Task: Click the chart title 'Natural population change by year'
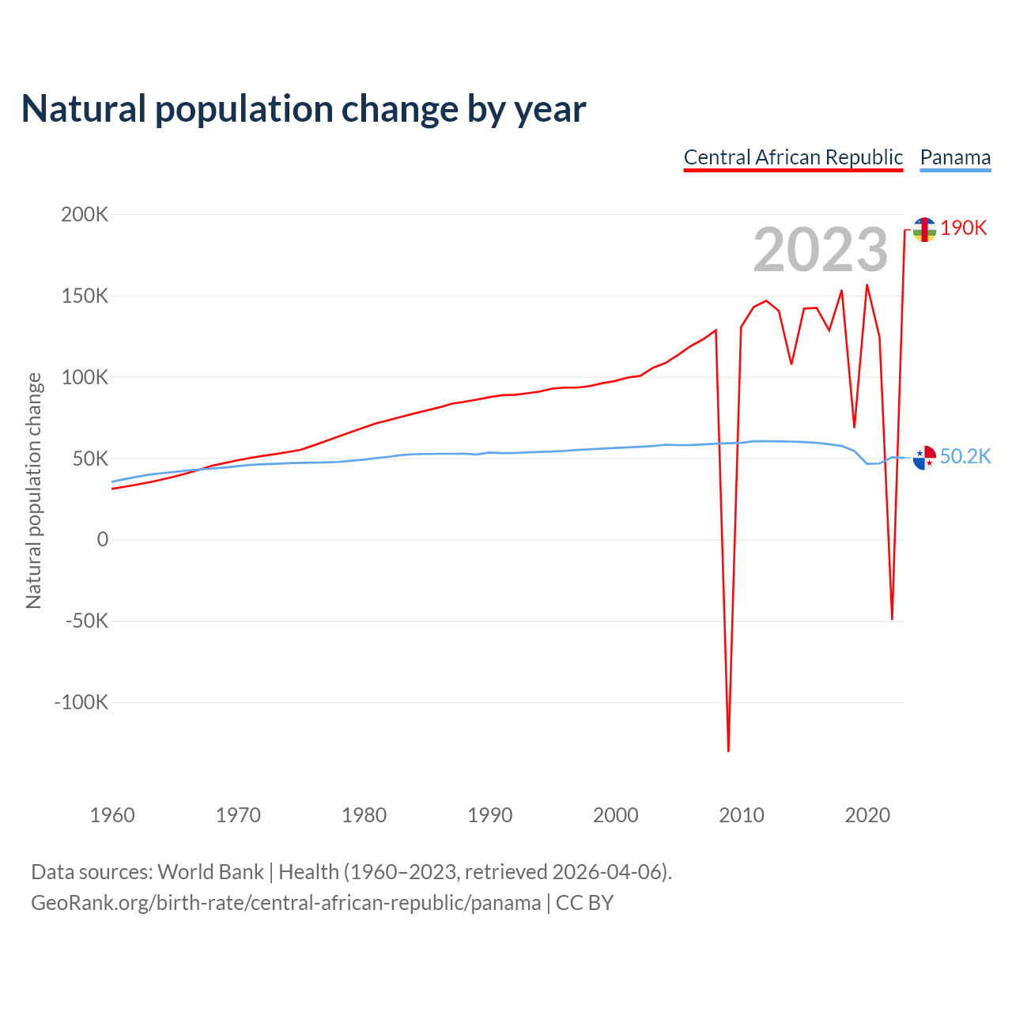(304, 109)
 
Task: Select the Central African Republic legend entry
(793, 157)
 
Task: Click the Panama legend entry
(955, 157)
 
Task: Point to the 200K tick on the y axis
(85, 214)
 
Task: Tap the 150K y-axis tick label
(85, 296)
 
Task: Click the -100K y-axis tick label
(81, 702)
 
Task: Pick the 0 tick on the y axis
(103, 539)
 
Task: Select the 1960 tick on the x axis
(112, 815)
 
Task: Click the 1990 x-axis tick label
(490, 815)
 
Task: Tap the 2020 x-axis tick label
(867, 815)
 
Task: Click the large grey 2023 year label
(821, 251)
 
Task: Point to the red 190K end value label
(964, 228)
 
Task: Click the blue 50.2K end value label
(965, 456)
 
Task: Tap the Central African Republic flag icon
(924, 230)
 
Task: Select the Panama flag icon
(924, 458)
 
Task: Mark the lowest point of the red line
(728, 750)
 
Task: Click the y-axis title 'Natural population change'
(33, 490)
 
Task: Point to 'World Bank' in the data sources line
(210, 872)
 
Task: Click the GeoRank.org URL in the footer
(285, 903)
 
